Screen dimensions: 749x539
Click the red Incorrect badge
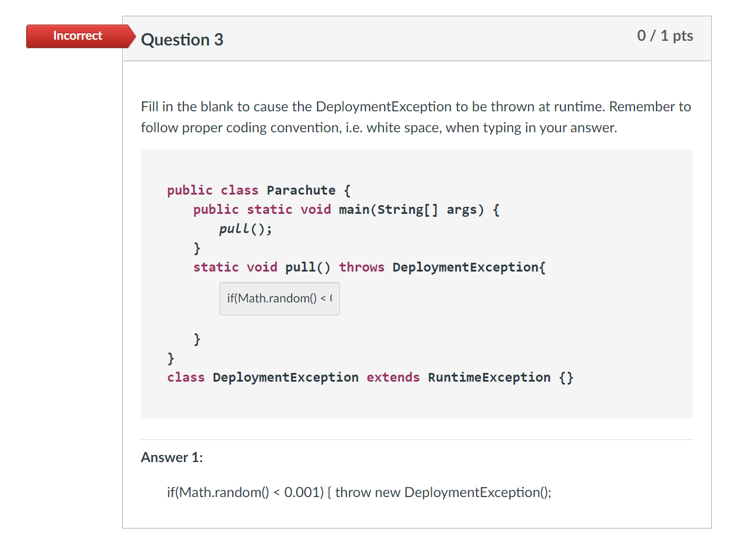tap(77, 36)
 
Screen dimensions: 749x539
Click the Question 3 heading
tap(182, 40)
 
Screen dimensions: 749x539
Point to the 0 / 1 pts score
tap(665, 36)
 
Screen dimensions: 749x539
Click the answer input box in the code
tap(279, 299)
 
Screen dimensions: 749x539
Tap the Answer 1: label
tap(172, 457)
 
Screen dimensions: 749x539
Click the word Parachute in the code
tap(301, 191)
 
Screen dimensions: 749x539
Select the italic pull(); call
tap(245, 229)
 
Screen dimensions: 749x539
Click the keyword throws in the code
tap(361, 267)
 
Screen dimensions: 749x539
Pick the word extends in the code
tap(393, 378)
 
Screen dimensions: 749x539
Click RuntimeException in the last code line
tap(489, 378)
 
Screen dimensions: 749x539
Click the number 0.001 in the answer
tap(303, 492)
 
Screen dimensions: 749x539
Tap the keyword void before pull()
tap(262, 267)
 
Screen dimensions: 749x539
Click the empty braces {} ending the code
tap(566, 378)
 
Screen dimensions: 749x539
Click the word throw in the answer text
tap(353, 492)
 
